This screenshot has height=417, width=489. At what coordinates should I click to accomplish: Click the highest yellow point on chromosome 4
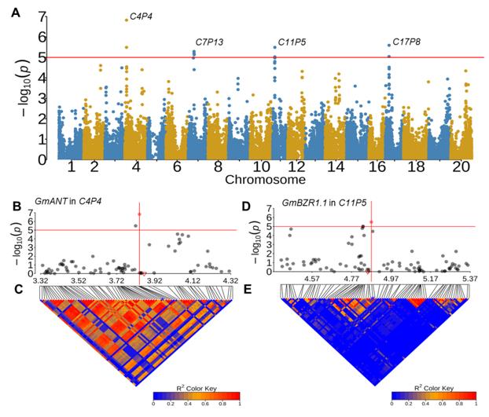click(127, 20)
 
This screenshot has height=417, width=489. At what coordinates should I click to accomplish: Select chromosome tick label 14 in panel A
click(336, 167)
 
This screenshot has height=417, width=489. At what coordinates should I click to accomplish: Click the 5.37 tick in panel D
click(469, 280)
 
